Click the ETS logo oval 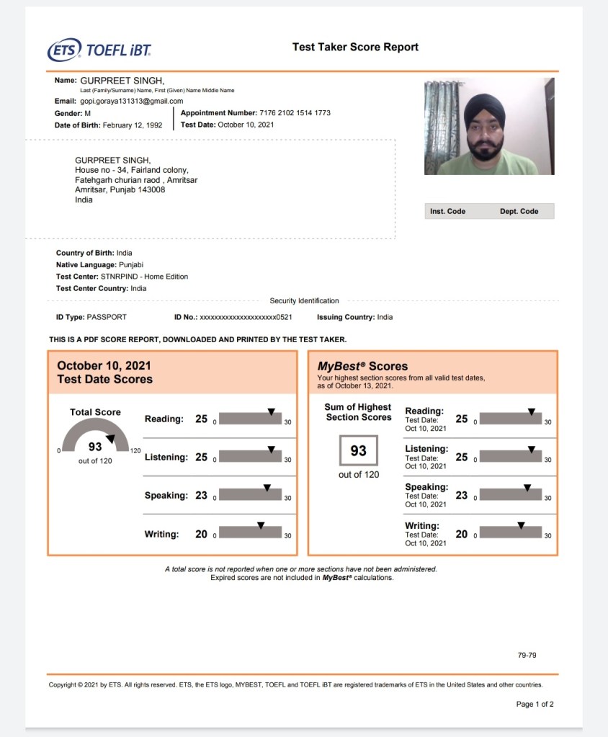pyautogui.click(x=64, y=50)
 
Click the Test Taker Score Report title pyautogui.click(x=355, y=47)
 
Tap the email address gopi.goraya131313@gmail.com pyautogui.click(x=132, y=102)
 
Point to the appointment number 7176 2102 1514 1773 pyautogui.click(x=295, y=113)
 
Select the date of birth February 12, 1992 pyautogui.click(x=133, y=125)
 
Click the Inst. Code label pyautogui.click(x=447, y=212)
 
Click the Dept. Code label pyautogui.click(x=519, y=212)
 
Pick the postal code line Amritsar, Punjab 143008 pyautogui.click(x=120, y=190)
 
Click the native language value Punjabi pyautogui.click(x=131, y=265)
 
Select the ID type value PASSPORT pyautogui.click(x=107, y=317)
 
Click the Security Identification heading pyautogui.click(x=304, y=301)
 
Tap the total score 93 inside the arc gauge pyautogui.click(x=95, y=447)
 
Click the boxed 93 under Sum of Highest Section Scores pyautogui.click(x=358, y=451)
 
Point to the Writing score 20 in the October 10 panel pyautogui.click(x=201, y=534)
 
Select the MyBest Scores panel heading pyautogui.click(x=362, y=366)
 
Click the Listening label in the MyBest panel pyautogui.click(x=426, y=449)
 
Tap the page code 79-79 pyautogui.click(x=527, y=656)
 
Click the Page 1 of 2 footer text pyautogui.click(x=535, y=704)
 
